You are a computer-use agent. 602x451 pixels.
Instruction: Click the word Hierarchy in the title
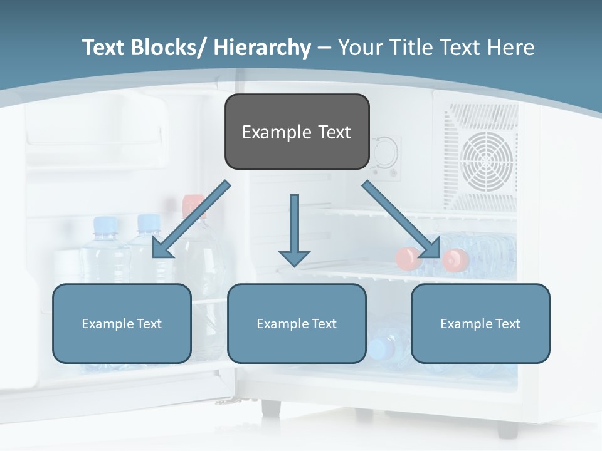pyautogui.click(x=261, y=48)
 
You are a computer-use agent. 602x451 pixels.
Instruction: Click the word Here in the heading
pyautogui.click(x=509, y=48)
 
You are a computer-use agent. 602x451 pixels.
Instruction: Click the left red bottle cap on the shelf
pyautogui.click(x=409, y=258)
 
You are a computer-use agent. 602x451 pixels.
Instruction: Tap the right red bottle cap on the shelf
pyautogui.click(x=456, y=259)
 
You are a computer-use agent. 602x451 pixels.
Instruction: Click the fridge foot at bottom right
pyautogui.click(x=507, y=429)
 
